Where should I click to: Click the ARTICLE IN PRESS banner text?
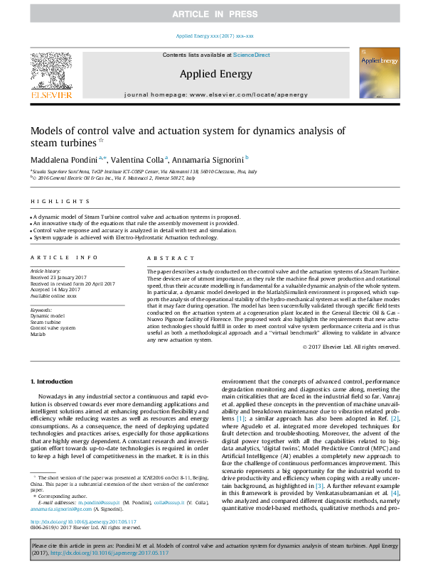[x=211, y=14]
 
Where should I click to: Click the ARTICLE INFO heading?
[x=64, y=257]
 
